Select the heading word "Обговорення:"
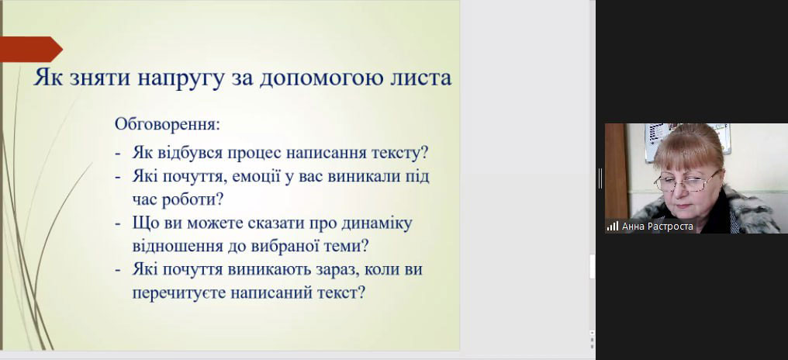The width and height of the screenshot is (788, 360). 168,124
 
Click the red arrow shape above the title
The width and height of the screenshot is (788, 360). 31,50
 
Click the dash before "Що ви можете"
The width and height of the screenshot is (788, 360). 118,223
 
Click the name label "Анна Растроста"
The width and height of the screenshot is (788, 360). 658,227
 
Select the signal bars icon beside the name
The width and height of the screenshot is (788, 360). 612,227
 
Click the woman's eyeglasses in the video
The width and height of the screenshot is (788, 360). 688,181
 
